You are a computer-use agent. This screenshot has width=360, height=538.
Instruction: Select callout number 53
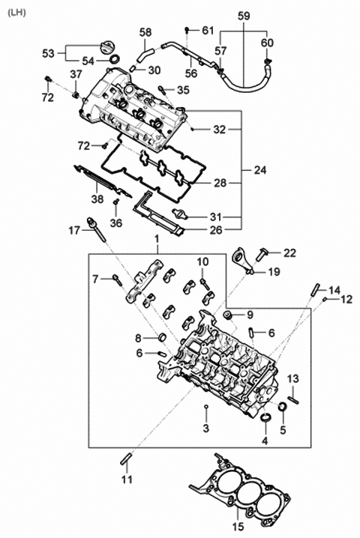(48, 53)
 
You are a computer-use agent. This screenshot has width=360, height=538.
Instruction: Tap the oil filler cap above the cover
(100, 49)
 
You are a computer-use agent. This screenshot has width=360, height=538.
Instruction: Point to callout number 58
(145, 32)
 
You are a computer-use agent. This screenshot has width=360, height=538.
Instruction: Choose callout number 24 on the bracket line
(259, 170)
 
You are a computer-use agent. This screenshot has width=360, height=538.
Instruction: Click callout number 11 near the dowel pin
(127, 477)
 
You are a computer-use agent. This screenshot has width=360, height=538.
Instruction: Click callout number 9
(250, 314)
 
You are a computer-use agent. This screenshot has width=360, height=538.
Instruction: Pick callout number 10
(202, 261)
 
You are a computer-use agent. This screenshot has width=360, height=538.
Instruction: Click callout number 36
(115, 223)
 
